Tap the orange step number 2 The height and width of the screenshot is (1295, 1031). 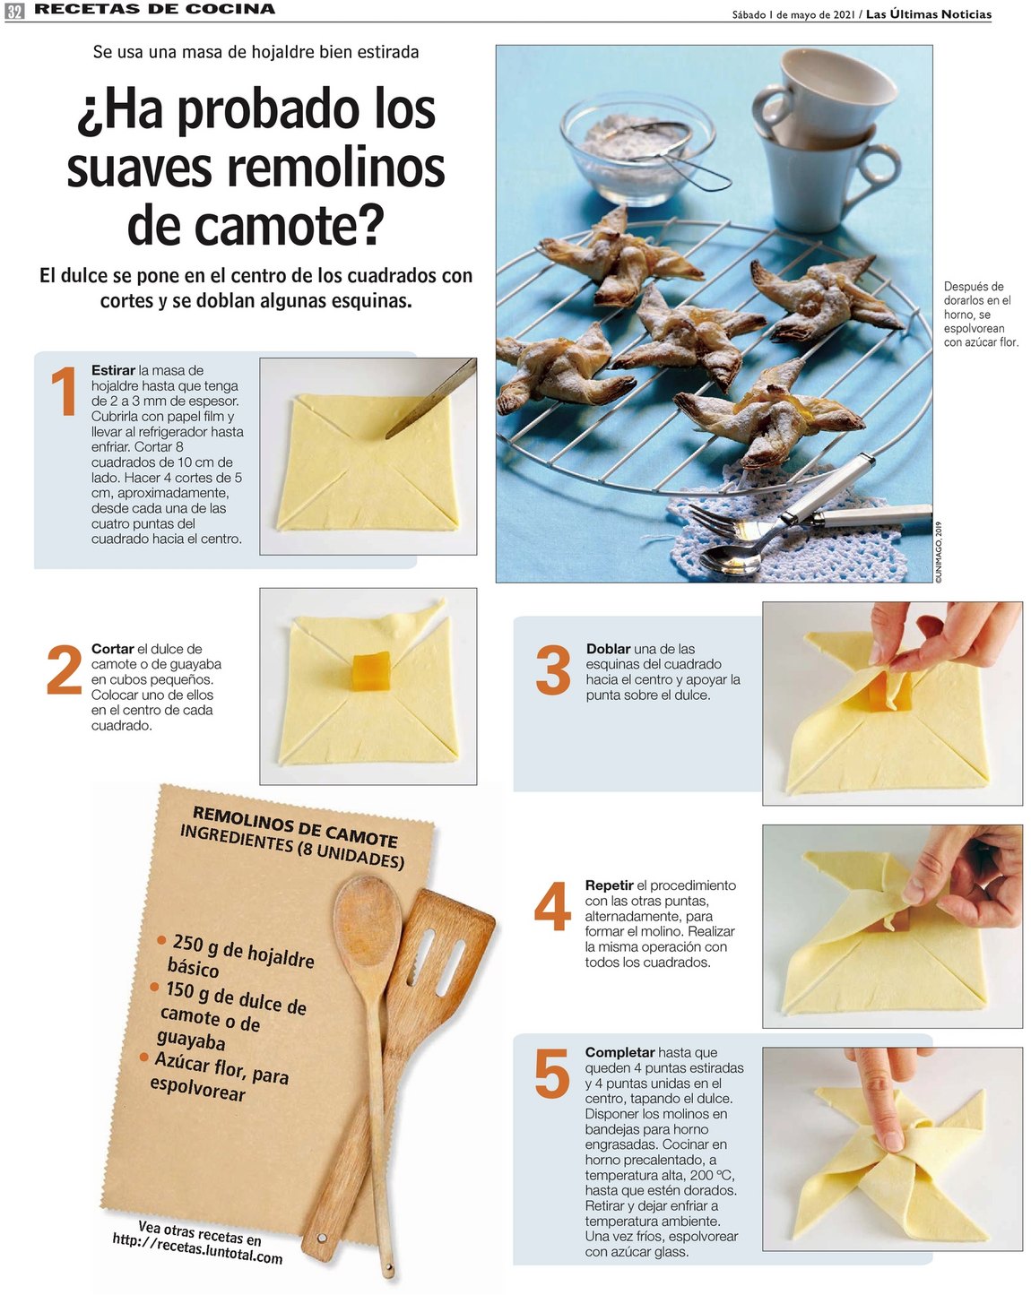[x=64, y=669]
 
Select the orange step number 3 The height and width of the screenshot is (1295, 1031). [x=552, y=669]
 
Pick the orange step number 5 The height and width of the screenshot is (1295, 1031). [x=552, y=1073]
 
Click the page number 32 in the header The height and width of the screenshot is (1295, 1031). [x=13, y=10]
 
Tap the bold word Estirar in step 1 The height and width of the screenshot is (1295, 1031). [x=113, y=370]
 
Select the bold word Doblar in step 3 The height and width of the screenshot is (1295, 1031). [x=608, y=649]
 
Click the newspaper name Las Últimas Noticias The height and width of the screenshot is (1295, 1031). [x=928, y=14]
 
